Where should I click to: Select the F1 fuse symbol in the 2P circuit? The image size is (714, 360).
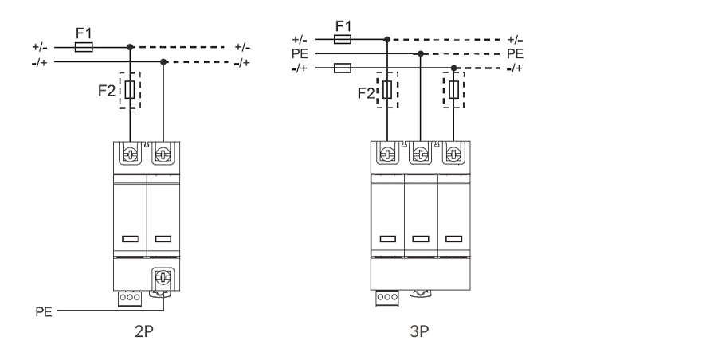coord(83,48)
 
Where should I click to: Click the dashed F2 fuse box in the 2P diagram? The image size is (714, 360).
coord(130,89)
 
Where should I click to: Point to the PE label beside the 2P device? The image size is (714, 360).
coord(44,312)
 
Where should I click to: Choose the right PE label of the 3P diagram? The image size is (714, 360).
coord(515,53)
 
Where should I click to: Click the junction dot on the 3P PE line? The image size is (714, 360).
coord(422,53)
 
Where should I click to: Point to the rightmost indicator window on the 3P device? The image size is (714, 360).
coord(454,237)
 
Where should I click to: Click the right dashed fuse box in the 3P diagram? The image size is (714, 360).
coord(454,88)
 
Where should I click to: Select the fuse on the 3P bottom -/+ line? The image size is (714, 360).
coord(343,68)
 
